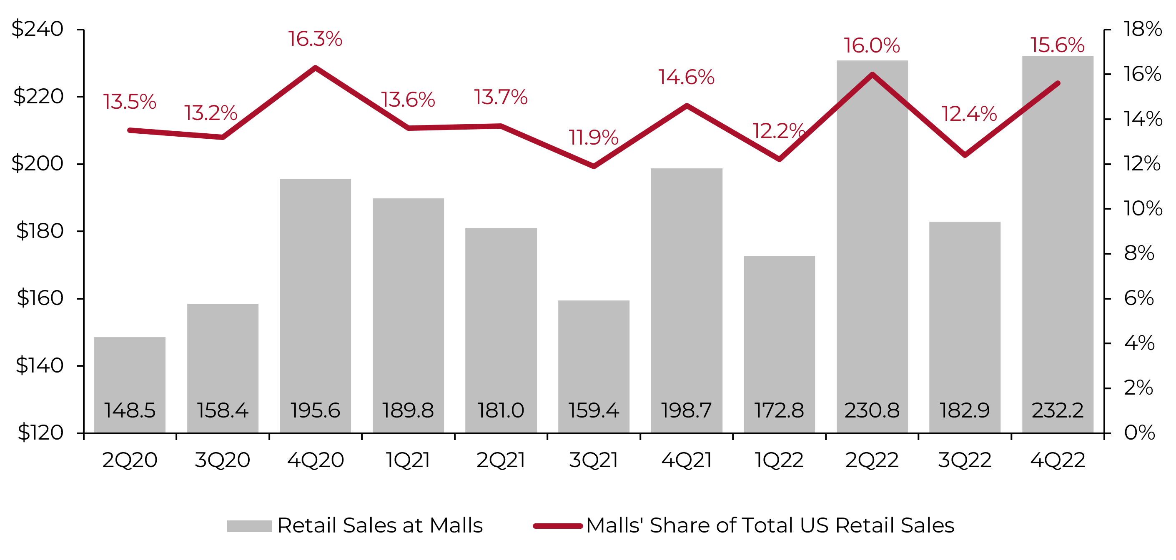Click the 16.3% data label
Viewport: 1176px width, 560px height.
pyautogui.click(x=315, y=39)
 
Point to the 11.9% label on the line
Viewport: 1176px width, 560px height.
pyautogui.click(x=593, y=138)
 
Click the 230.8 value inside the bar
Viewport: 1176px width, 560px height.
pyautogui.click(x=872, y=410)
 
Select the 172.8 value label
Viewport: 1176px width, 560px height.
pyautogui.click(x=779, y=410)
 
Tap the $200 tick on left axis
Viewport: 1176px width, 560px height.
pyautogui.click(x=38, y=163)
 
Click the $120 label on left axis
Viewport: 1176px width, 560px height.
pyautogui.click(x=40, y=432)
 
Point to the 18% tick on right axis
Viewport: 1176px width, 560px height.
pyautogui.click(x=1143, y=29)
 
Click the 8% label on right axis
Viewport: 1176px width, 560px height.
pyautogui.click(x=1138, y=253)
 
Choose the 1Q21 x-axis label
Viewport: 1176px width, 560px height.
pyautogui.click(x=408, y=460)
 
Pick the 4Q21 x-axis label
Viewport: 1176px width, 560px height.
pyautogui.click(x=686, y=460)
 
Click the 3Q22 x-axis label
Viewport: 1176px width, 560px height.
pyautogui.click(x=965, y=460)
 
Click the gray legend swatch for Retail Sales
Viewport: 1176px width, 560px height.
pyautogui.click(x=249, y=526)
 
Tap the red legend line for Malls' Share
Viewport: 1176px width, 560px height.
pyautogui.click(x=558, y=526)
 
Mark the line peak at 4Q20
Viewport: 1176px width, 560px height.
pyautogui.click(x=315, y=67)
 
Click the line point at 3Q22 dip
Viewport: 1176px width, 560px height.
pyautogui.click(x=965, y=155)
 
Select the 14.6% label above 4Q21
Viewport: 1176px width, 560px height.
pyautogui.click(x=686, y=77)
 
